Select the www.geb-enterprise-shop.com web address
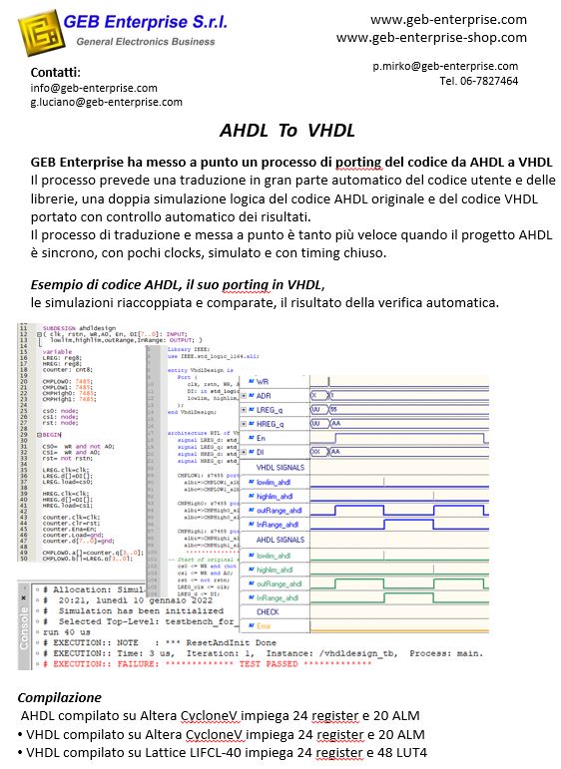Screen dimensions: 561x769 coord(431,38)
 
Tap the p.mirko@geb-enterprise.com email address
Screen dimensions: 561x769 coord(445,66)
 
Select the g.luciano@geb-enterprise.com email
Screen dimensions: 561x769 coord(106,102)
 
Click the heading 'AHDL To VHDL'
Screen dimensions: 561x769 coord(287,132)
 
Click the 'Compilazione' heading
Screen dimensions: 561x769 coord(60,698)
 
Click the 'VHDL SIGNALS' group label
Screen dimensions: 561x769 coord(280,467)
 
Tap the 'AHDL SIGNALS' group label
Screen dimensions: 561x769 coord(280,539)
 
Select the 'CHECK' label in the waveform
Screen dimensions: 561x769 coord(268,611)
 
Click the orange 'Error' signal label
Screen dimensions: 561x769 coord(268,625)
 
